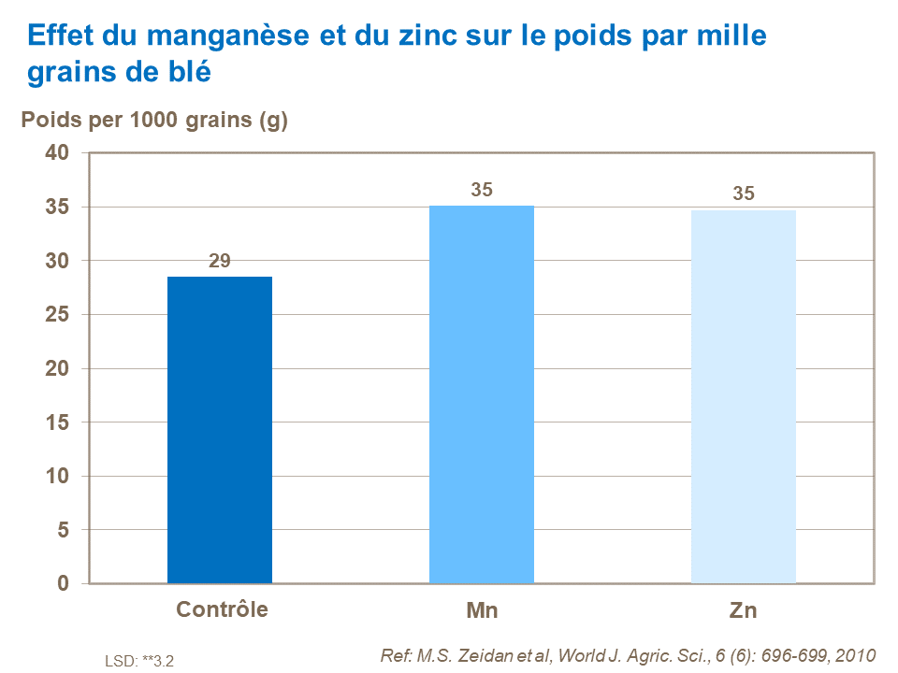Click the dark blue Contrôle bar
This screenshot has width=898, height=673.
pos(220,430)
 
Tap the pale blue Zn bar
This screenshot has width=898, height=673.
pos(744,396)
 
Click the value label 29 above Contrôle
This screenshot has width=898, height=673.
pos(220,261)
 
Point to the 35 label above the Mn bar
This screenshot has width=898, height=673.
pos(482,190)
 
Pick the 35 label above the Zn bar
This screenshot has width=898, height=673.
pos(744,194)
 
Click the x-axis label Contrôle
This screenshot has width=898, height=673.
pos(222,609)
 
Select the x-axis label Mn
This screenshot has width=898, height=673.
pos(482,611)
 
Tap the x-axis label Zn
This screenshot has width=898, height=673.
pos(743,611)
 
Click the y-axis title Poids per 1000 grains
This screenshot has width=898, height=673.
pos(154,121)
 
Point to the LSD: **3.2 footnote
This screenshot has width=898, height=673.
pos(139,661)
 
